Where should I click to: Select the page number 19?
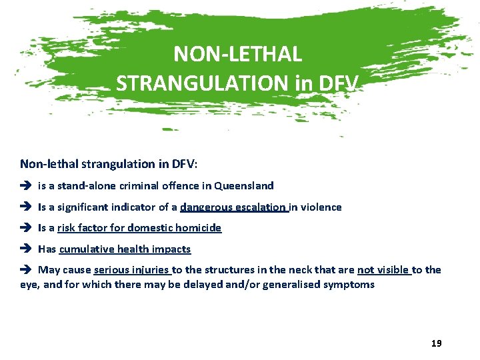coord(437,343)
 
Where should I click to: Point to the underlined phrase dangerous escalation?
coord(234,207)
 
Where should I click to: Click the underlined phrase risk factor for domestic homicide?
coord(139,228)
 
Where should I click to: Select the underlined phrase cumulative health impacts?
coord(125,249)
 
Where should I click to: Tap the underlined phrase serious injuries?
coord(133,270)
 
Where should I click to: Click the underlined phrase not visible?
coord(383,270)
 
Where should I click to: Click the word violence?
coord(321,207)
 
